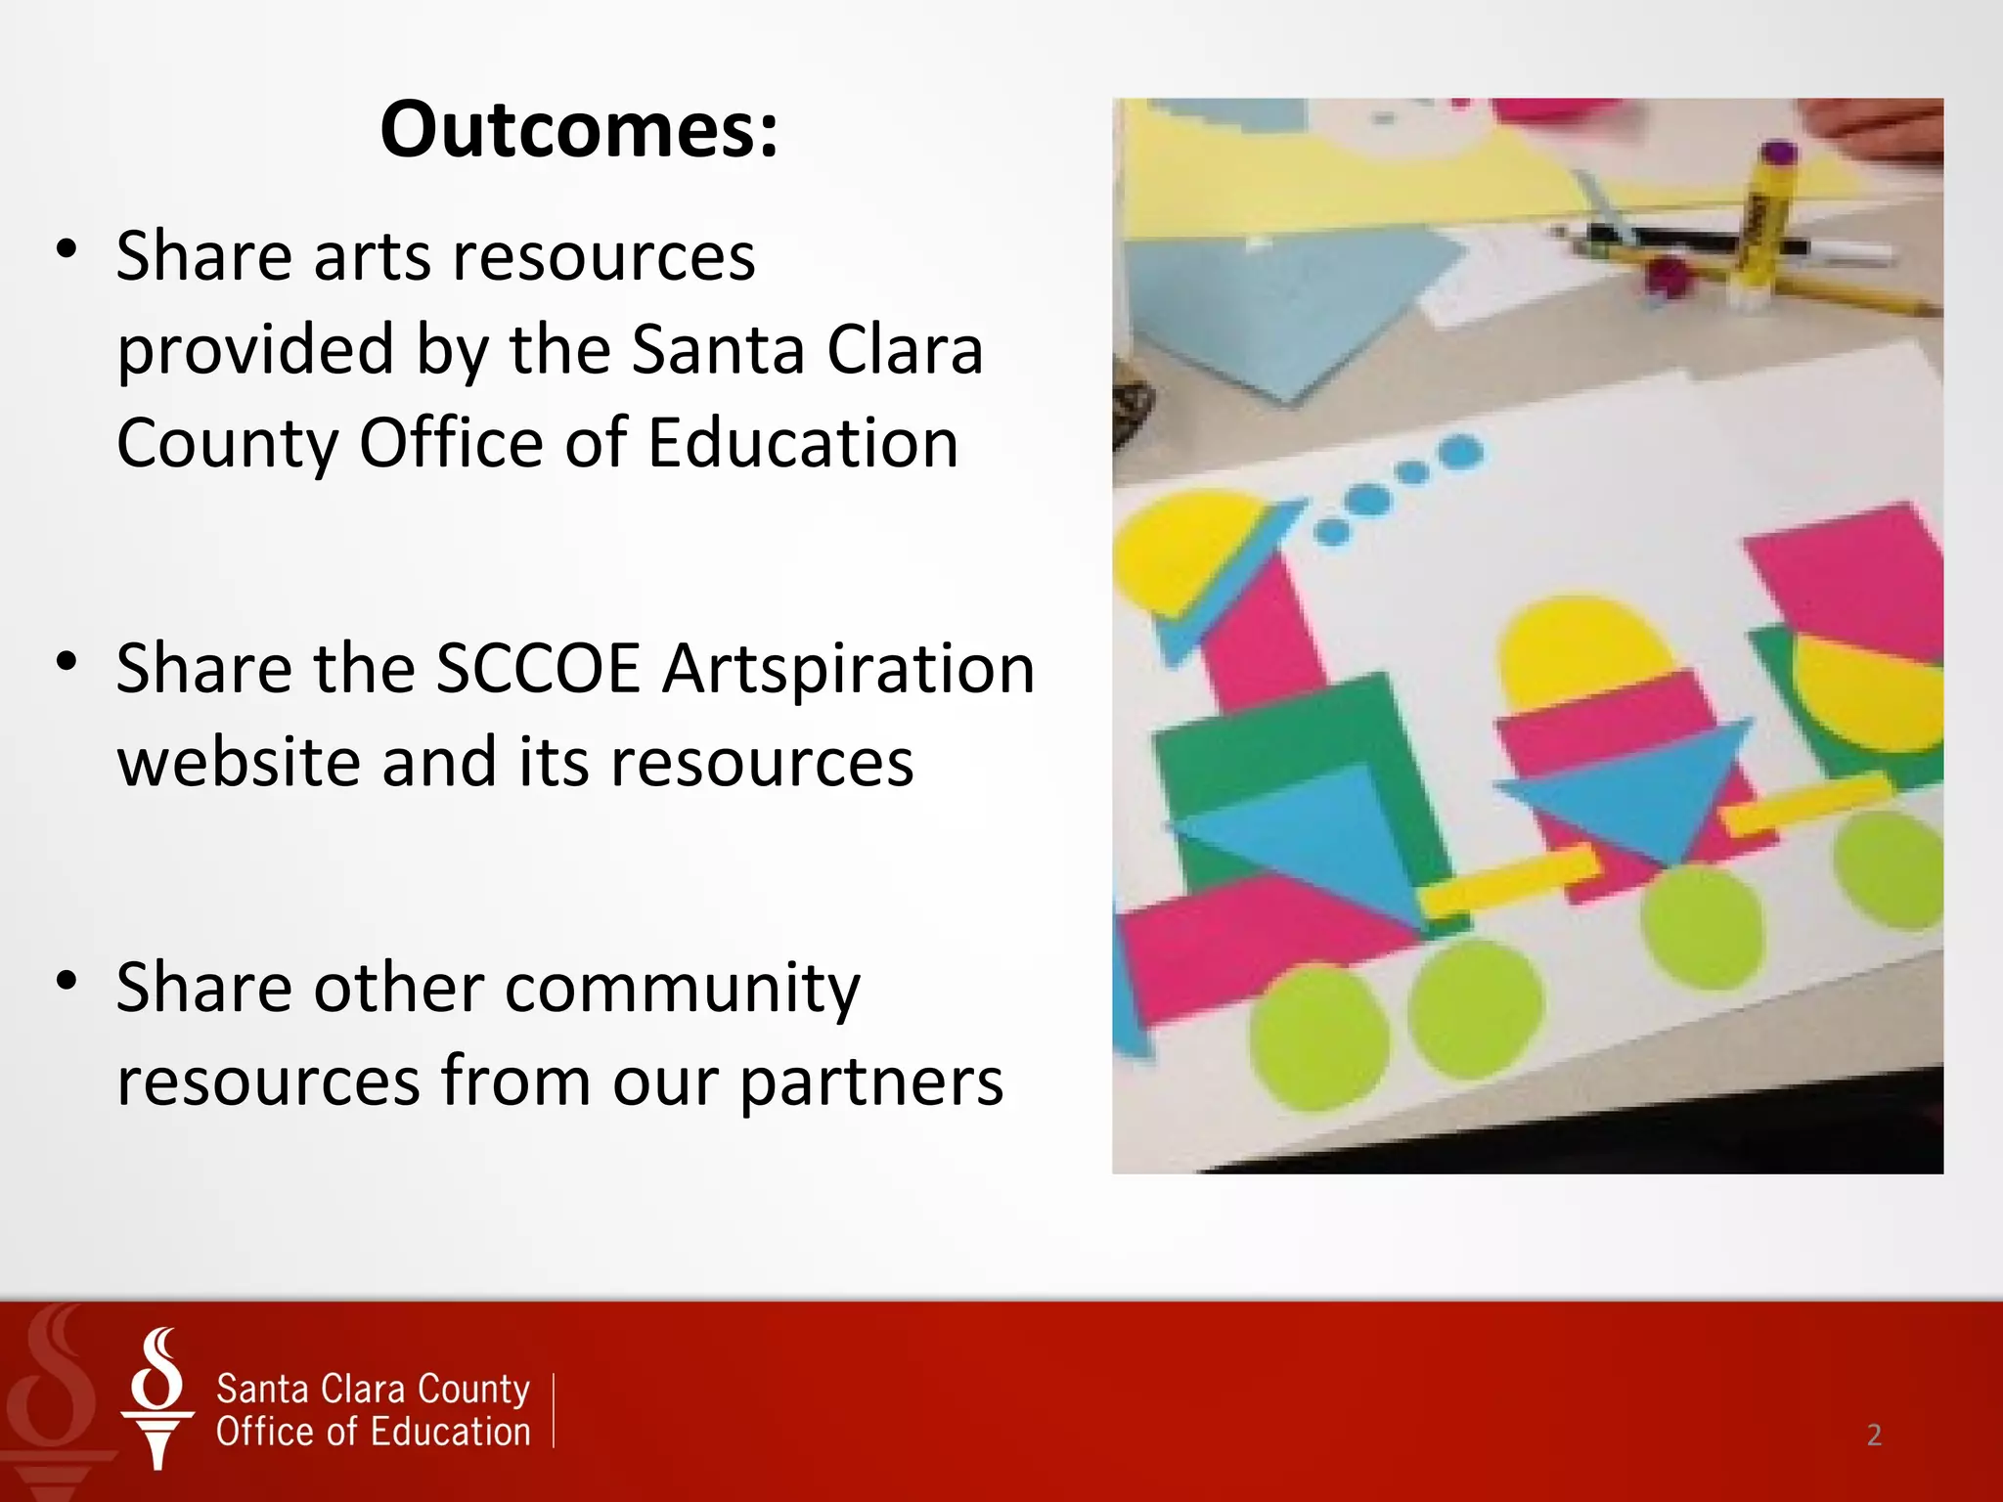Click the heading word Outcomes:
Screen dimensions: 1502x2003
click(x=579, y=129)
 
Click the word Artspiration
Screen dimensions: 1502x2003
click(x=848, y=669)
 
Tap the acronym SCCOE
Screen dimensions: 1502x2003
click(x=537, y=669)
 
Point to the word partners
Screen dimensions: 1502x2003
click(x=870, y=1082)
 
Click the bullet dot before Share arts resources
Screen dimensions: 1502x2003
click(x=67, y=248)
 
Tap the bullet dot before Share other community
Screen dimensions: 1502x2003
click(x=67, y=980)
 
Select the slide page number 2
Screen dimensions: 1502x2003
click(x=1874, y=1435)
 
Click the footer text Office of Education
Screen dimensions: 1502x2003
click(x=373, y=1432)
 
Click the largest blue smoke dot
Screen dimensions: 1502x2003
click(x=1461, y=452)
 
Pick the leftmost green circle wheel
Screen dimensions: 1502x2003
click(x=1317, y=1037)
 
